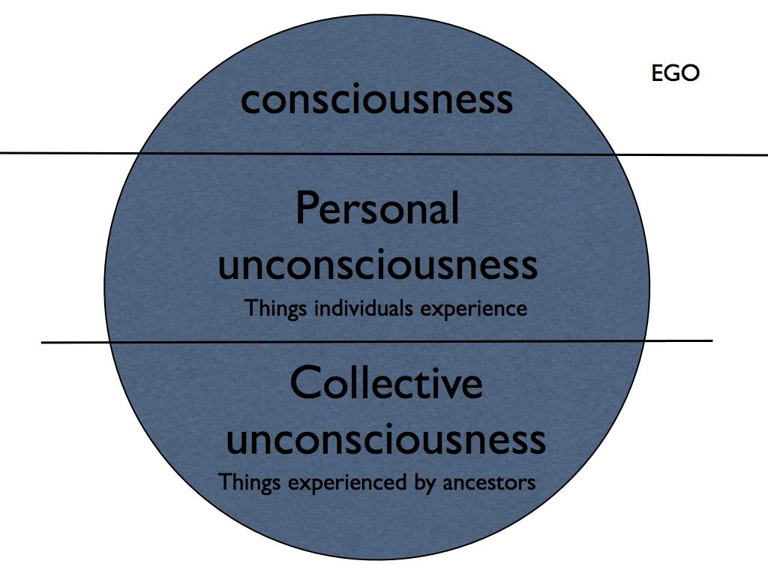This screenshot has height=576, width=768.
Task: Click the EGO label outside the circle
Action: (675, 73)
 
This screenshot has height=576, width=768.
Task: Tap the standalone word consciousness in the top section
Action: (376, 100)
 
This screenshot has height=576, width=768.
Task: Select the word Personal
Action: (376, 208)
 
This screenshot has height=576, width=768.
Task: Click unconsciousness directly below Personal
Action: (377, 264)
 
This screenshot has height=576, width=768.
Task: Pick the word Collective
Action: (385, 383)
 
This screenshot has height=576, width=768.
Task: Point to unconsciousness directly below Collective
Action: (385, 439)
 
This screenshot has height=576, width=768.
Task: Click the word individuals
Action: (352, 308)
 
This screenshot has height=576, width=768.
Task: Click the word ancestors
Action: (488, 481)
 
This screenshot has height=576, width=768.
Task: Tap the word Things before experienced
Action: (248, 482)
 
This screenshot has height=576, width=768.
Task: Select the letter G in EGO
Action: (673, 73)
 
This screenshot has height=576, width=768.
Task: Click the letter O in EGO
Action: (690, 73)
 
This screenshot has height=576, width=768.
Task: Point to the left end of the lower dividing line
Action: (43, 343)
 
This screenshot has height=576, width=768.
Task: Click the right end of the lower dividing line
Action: (711, 341)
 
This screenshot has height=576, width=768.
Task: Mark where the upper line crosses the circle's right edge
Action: (616, 154)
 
